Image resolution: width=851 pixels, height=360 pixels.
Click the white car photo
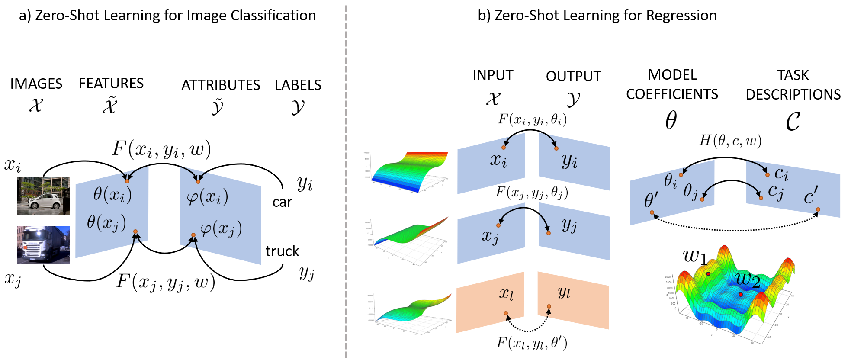(43, 196)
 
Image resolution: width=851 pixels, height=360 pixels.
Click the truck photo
(43, 245)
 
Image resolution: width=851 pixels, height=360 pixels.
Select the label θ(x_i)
(112, 194)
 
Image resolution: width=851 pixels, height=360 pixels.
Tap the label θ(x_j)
(106, 222)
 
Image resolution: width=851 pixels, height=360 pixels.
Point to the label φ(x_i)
(207, 197)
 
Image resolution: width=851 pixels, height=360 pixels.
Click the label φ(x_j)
(221, 229)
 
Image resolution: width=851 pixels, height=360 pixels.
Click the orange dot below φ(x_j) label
(193, 235)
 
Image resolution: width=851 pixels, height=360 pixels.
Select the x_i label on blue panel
(498, 160)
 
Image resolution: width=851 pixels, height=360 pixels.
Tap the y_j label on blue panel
(569, 225)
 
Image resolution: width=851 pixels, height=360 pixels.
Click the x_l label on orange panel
(506, 293)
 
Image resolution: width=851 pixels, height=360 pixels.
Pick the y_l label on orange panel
(564, 292)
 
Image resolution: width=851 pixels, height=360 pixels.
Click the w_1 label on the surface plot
(695, 256)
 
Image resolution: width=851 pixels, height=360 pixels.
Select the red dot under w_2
(741, 294)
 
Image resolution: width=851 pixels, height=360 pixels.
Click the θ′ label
(651, 200)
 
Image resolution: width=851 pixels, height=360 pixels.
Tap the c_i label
(781, 174)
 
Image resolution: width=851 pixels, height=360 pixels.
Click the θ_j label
(691, 191)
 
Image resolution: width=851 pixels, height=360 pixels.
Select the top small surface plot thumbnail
(405, 170)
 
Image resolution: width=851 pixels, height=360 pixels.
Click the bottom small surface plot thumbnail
(409, 313)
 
